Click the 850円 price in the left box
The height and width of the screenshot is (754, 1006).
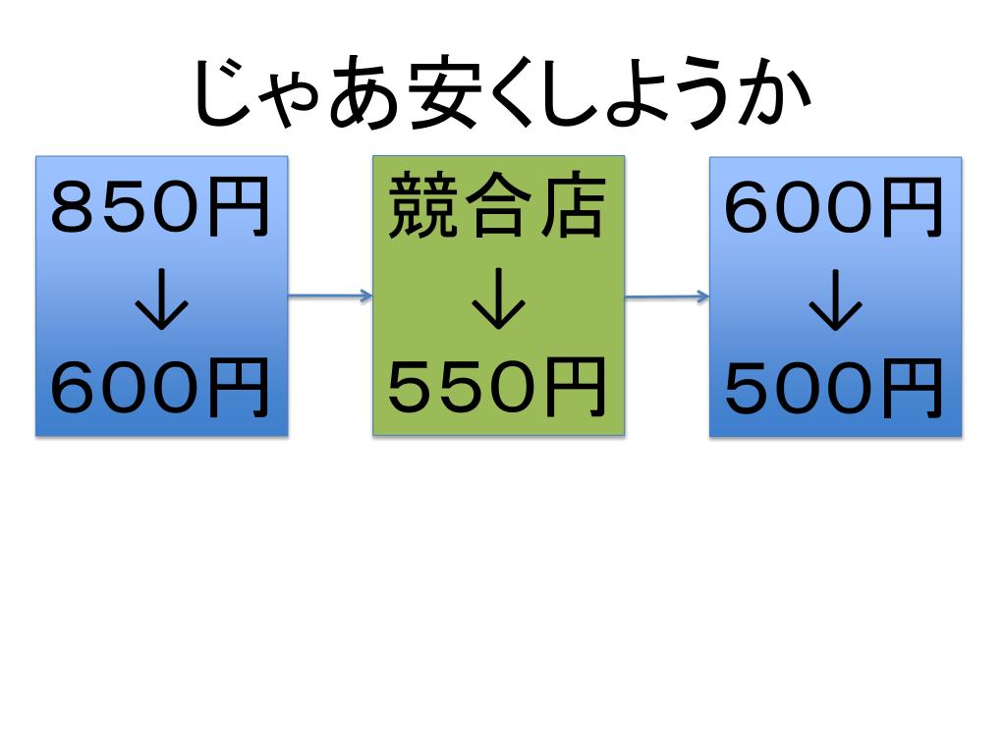point(161,209)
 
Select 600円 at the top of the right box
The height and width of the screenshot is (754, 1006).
point(835,209)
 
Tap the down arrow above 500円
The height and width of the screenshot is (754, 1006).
point(835,307)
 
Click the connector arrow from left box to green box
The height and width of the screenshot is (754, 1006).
point(330,295)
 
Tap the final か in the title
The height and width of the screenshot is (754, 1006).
point(775,98)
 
